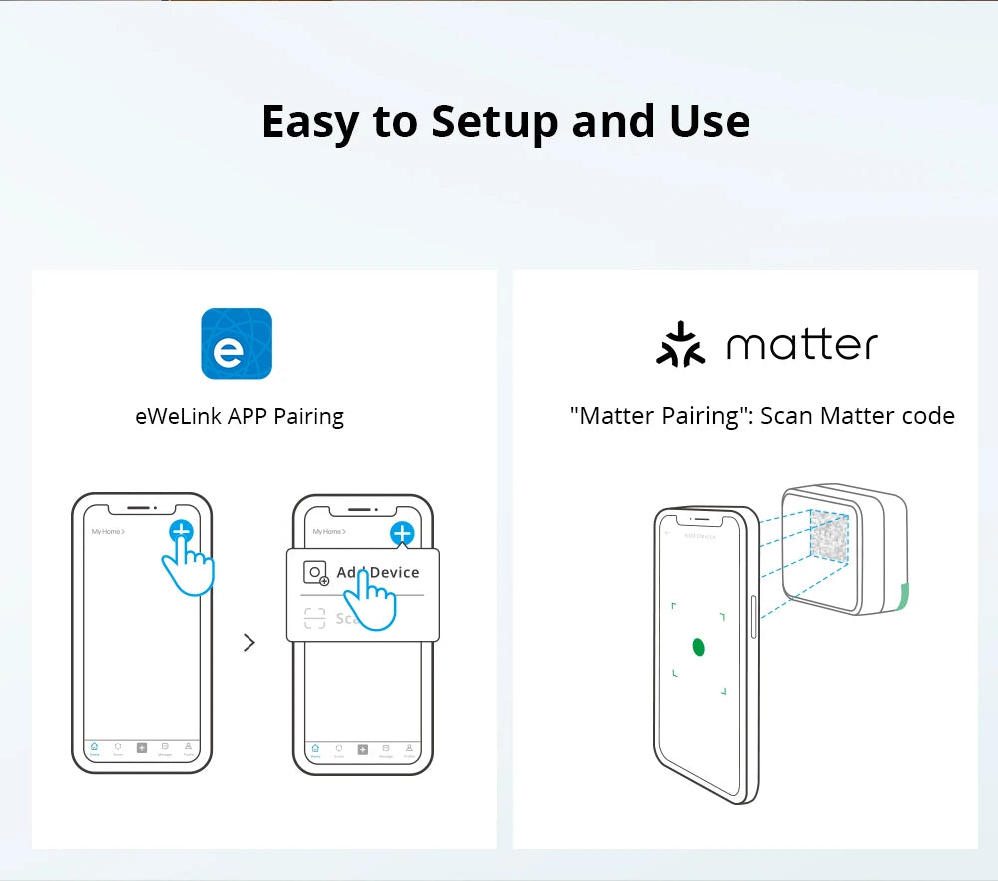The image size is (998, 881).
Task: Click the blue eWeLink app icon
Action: point(237,344)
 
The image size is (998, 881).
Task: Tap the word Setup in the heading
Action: point(495,122)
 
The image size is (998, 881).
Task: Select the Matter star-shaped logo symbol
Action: point(680,344)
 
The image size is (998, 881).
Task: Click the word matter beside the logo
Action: point(801,345)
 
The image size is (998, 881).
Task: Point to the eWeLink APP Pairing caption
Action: point(240,416)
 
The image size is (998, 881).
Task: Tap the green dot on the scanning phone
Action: point(699,647)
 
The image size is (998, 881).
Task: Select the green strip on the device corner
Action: point(902,598)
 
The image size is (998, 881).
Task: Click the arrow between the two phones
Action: point(249,643)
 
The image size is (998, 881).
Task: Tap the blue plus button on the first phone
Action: point(181,532)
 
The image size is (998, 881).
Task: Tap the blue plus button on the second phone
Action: point(402,533)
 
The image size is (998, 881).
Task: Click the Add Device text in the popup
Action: point(378,572)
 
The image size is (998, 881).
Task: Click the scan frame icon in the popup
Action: point(315,619)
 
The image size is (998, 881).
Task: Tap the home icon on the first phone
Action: point(94,747)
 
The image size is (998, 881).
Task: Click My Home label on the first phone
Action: point(107,532)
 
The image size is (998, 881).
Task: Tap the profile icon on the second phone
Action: point(409,747)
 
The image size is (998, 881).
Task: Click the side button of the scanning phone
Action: point(753,617)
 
